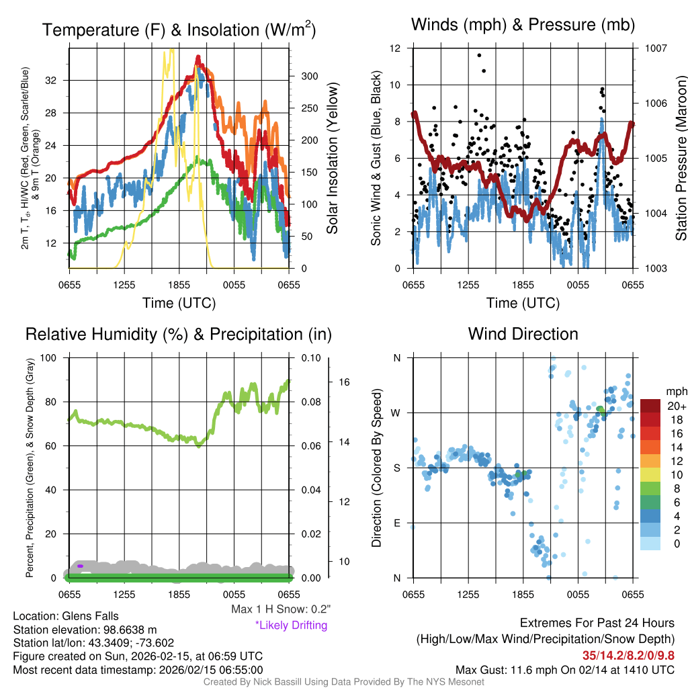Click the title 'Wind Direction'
pos(523,334)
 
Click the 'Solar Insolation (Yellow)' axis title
pos(332,159)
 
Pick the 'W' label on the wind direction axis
pos(396,413)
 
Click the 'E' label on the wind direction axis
pos(396,523)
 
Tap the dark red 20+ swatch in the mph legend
pos(650,406)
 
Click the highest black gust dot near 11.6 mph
pos(479,56)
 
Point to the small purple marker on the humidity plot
pos(80,566)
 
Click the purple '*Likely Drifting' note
pos(291,625)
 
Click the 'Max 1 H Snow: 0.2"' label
pos(281,609)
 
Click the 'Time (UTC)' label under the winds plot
pos(523,303)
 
